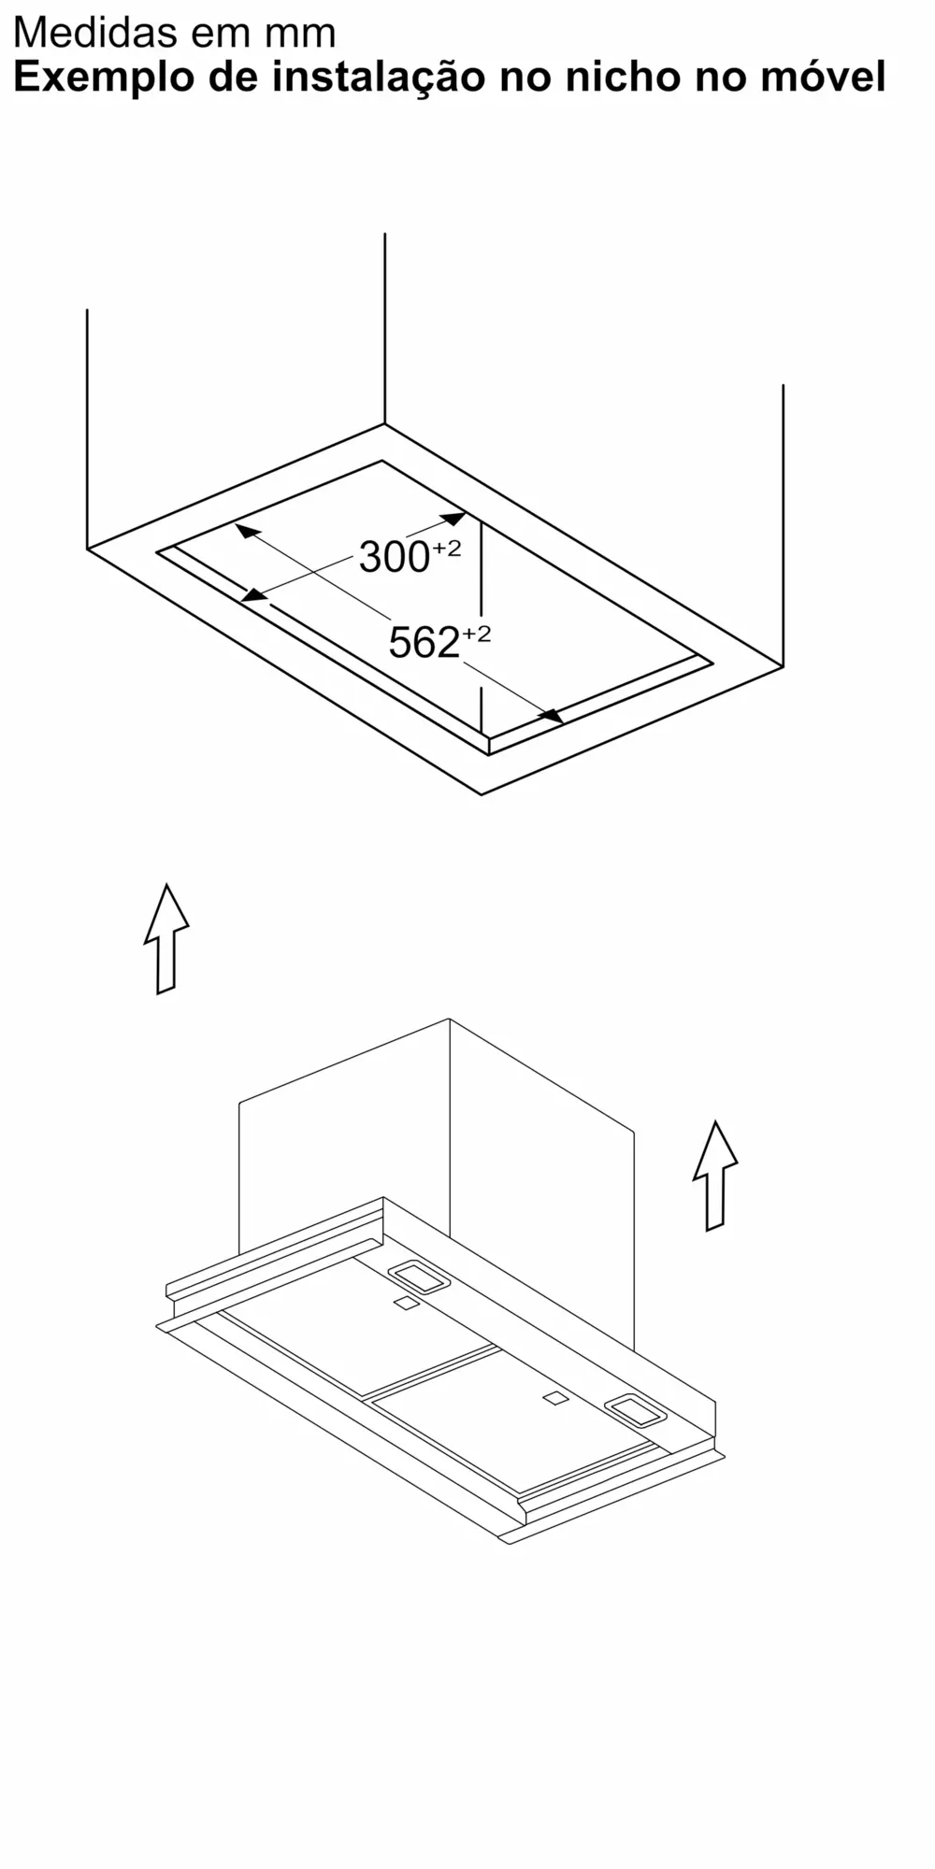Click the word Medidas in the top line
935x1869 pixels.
point(94,33)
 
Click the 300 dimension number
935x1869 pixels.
point(394,558)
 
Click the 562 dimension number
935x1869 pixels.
point(424,643)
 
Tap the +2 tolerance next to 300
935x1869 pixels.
point(446,549)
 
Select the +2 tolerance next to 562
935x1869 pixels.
point(476,635)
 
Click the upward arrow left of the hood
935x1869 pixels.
point(166,938)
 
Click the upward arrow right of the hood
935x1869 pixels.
point(715,1176)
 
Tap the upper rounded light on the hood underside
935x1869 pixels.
point(418,1277)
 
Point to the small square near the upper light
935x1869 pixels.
point(405,1304)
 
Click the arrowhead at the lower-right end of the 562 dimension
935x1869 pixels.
point(552,715)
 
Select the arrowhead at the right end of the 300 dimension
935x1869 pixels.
point(453,519)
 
